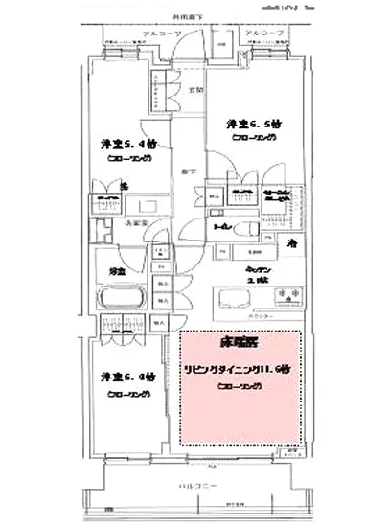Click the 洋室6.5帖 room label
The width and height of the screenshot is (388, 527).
(x=253, y=125)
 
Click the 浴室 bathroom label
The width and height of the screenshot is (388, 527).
(x=117, y=270)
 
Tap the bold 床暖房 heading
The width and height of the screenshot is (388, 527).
(x=240, y=342)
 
